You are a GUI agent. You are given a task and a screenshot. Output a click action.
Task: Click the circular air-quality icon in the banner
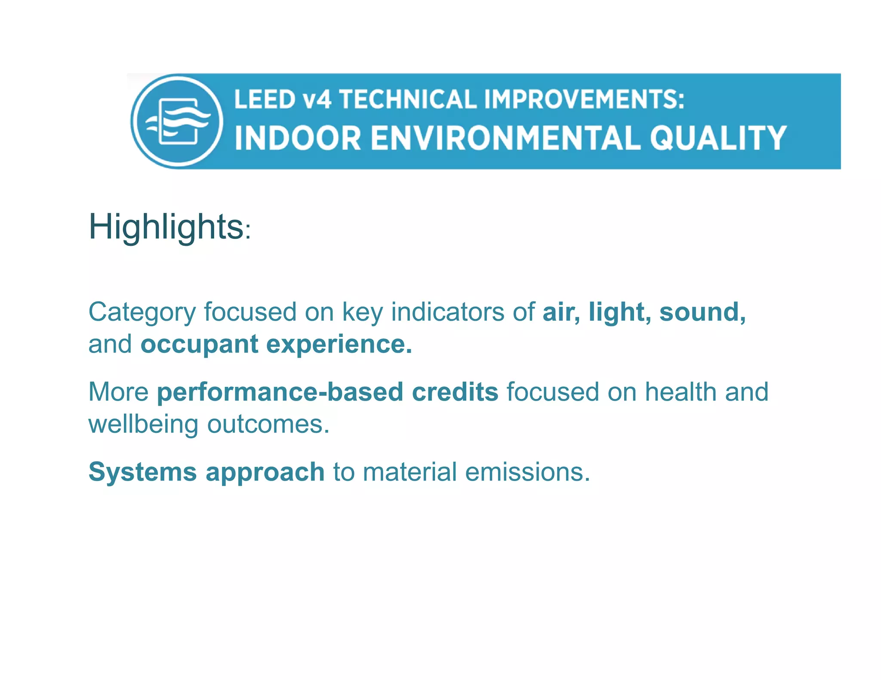click(177, 121)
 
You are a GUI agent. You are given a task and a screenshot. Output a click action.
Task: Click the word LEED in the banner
click(264, 99)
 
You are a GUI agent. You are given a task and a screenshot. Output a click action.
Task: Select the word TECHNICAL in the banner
click(408, 99)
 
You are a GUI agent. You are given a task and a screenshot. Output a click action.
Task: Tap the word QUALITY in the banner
click(718, 138)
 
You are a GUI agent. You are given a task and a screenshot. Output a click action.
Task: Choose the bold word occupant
click(200, 345)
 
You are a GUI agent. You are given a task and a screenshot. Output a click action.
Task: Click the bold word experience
click(339, 345)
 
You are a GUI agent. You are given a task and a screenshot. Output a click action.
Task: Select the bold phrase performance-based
click(280, 392)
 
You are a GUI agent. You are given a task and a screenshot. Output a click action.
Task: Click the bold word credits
click(455, 392)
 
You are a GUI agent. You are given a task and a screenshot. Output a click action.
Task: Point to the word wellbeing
click(143, 425)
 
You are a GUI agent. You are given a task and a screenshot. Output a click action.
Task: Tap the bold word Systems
click(142, 472)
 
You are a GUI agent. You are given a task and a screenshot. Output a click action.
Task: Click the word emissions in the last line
click(527, 472)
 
